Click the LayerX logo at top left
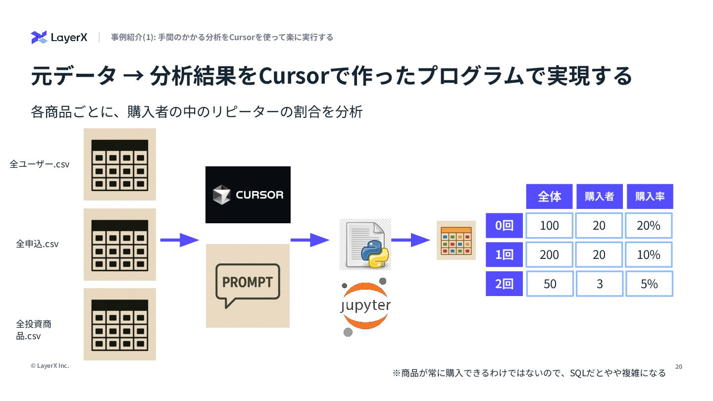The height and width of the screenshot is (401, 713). click(x=59, y=38)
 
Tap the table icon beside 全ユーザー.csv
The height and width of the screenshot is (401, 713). click(x=120, y=164)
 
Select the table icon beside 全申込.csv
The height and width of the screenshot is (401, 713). click(x=120, y=245)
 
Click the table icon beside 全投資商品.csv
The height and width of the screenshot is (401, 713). click(x=120, y=324)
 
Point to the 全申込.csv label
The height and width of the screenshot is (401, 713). click(x=37, y=244)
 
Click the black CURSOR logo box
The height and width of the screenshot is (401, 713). click(x=248, y=195)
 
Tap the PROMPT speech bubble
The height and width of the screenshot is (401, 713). click(x=248, y=285)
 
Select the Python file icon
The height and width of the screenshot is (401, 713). click(x=365, y=245)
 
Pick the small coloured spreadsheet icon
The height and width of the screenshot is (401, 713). click(x=456, y=240)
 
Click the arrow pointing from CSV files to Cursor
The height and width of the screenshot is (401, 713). click(x=179, y=240)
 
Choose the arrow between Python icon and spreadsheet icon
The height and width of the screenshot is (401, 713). click(x=410, y=240)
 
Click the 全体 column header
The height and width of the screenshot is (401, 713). click(x=549, y=197)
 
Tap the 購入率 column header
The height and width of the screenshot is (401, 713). click(x=650, y=197)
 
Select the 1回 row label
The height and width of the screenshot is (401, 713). click(x=504, y=254)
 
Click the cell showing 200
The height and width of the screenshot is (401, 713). click(x=549, y=254)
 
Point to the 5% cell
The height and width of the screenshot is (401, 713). click(x=649, y=284)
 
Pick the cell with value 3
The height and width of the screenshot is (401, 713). click(x=599, y=284)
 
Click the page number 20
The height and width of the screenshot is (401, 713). click(x=678, y=366)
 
